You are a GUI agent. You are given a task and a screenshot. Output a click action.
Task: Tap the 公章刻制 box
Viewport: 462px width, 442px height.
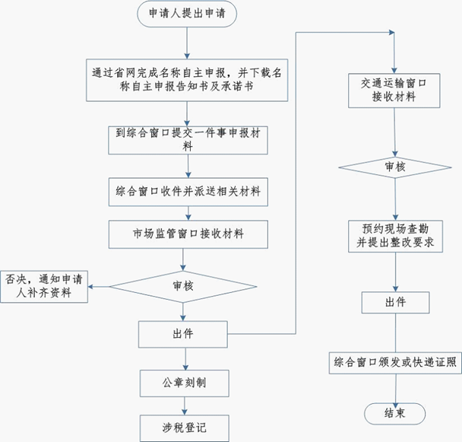pyautogui.click(x=184, y=383)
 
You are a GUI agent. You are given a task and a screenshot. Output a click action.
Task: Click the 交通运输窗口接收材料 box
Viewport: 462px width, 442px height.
pyautogui.click(x=394, y=90)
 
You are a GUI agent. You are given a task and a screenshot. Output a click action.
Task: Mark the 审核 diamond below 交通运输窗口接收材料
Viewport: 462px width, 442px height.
pyautogui.click(x=394, y=167)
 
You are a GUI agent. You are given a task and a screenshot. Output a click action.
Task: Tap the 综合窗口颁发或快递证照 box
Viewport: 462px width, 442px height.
pyautogui.click(x=394, y=363)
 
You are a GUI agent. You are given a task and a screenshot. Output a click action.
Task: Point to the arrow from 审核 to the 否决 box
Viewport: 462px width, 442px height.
pyautogui.click(x=99, y=286)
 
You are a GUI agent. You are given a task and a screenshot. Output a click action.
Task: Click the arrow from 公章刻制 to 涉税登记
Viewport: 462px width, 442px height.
pyautogui.click(x=184, y=405)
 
